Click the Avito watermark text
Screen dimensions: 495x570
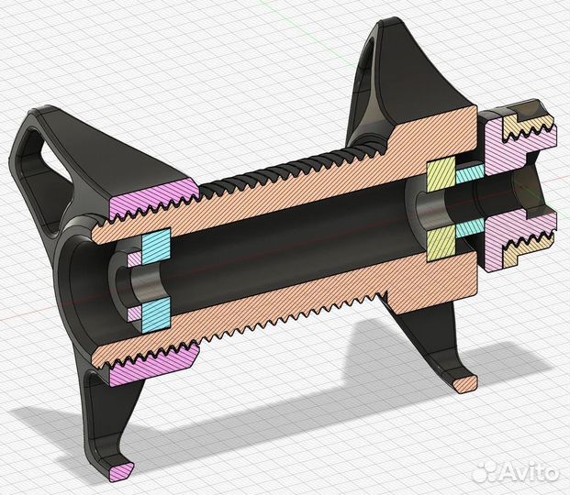[529, 471]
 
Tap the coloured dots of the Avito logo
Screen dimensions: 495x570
[485, 471]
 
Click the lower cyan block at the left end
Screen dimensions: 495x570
[157, 311]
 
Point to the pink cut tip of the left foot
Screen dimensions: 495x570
[119, 471]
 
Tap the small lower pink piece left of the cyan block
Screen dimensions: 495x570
[135, 313]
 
